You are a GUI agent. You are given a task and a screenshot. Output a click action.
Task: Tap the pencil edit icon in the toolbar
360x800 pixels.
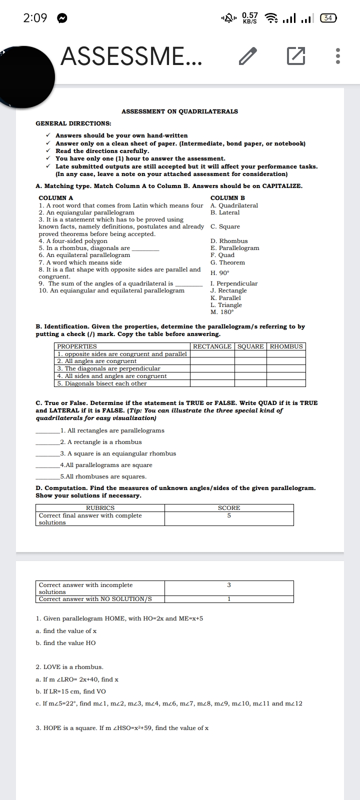point(248,56)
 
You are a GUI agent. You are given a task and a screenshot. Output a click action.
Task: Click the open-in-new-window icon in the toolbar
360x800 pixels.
point(296,56)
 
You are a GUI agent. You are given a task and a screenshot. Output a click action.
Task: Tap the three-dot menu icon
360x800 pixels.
point(338,56)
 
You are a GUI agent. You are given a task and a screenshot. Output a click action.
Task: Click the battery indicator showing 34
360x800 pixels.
point(328,18)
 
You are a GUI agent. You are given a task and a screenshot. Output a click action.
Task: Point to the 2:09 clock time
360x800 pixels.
point(35,18)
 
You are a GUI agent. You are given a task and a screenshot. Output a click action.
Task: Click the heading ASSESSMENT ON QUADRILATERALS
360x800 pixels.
point(179,111)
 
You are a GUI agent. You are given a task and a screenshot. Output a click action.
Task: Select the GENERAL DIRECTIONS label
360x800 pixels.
point(73,123)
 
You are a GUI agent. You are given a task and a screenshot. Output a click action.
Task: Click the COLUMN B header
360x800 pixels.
point(227,198)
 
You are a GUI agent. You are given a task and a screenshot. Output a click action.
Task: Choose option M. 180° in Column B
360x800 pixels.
point(222,312)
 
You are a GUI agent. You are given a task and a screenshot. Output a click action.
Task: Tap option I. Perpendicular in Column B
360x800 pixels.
point(234,283)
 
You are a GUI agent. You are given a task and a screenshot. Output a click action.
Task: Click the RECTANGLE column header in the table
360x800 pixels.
point(212,346)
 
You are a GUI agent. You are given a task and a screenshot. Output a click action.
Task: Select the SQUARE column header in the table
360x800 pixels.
point(250,346)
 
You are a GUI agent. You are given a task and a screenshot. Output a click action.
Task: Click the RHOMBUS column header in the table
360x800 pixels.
point(286,346)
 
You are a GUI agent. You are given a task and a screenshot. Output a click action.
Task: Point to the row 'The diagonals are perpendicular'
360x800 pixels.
point(108,368)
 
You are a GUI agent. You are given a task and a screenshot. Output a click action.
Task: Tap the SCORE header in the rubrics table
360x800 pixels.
point(229,508)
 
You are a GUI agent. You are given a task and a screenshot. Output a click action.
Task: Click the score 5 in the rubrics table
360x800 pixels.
point(229,515)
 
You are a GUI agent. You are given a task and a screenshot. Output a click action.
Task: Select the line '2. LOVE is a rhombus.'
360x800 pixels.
point(69,667)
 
